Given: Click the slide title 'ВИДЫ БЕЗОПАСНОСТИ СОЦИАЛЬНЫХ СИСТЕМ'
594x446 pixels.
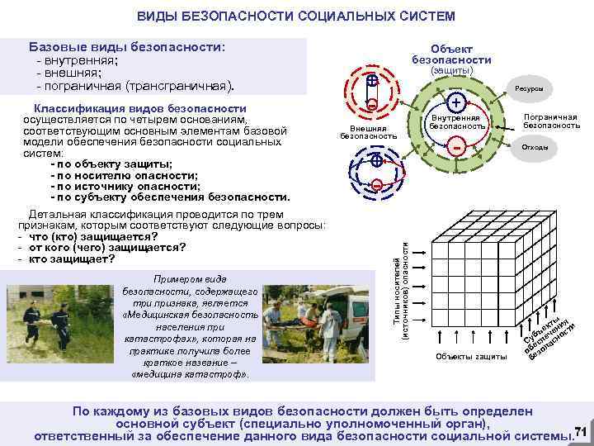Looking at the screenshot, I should tap(295, 17).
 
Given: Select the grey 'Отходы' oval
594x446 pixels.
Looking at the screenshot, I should tap(528, 147).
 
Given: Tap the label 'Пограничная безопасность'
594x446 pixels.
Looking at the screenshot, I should tap(551, 121).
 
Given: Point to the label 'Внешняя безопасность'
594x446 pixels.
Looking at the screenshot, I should tap(368, 132).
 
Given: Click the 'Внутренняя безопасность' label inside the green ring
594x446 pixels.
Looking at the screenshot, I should tap(456, 122).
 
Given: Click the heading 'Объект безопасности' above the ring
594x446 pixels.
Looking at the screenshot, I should tap(451, 55).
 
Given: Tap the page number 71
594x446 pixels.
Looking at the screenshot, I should tap(579, 431).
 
